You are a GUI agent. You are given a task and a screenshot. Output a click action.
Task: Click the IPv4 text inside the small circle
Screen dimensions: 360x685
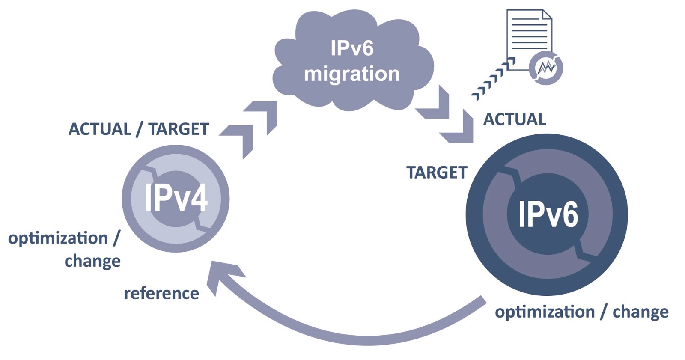click(x=176, y=198)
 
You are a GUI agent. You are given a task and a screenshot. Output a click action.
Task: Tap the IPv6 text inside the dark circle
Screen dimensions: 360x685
click(x=548, y=214)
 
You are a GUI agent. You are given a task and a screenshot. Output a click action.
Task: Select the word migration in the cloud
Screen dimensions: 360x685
click(x=352, y=74)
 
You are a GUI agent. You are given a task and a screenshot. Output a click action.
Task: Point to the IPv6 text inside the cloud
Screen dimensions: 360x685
click(x=352, y=48)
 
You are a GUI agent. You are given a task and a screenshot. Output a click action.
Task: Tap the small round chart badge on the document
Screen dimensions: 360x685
click(x=546, y=68)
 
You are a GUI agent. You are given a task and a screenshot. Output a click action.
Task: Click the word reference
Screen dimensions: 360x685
click(x=161, y=294)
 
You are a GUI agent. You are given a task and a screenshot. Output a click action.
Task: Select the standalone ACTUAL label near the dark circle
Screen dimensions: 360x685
click(x=515, y=119)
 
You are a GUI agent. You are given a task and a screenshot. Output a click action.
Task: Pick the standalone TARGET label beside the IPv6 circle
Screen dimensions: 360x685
click(x=437, y=173)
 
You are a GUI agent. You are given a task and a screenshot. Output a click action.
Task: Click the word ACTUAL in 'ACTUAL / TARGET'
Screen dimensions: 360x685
click(x=100, y=129)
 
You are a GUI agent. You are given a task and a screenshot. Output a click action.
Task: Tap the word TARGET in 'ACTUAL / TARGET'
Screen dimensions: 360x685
click(x=179, y=129)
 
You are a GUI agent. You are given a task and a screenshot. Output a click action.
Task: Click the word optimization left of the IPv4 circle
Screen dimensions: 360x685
click(x=58, y=238)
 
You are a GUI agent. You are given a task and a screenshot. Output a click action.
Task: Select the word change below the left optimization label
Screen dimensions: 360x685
click(x=92, y=261)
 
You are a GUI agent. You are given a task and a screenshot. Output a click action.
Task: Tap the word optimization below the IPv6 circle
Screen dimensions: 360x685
click(x=545, y=312)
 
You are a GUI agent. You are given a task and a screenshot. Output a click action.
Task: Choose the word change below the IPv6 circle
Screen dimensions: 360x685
click(x=640, y=312)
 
